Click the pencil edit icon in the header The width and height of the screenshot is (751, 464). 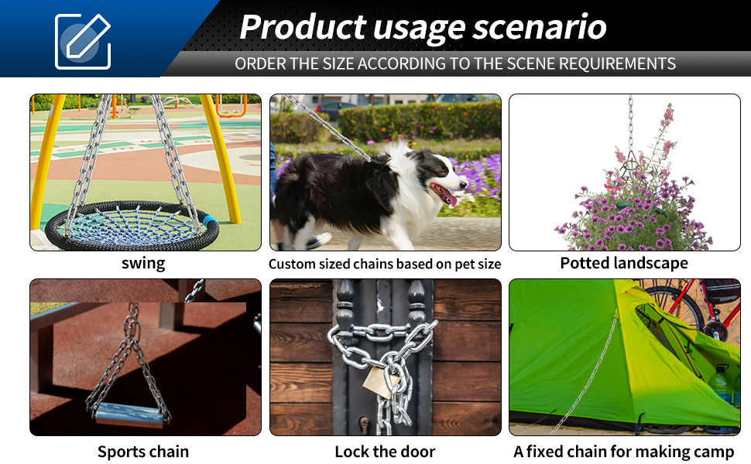click(x=83, y=42)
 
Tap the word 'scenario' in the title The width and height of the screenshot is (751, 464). click(x=540, y=26)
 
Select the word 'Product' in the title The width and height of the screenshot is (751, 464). click(x=303, y=26)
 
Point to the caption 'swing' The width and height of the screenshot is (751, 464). click(x=143, y=264)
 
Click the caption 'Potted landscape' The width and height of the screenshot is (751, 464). click(x=624, y=263)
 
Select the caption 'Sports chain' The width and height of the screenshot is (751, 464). click(x=143, y=452)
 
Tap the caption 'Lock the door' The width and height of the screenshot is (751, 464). click(x=385, y=452)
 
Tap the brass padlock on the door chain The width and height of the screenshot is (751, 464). click(x=382, y=382)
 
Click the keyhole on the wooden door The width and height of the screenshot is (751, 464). click(x=364, y=423)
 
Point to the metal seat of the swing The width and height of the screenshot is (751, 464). click(x=130, y=415)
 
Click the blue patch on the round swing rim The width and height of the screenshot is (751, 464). click(x=211, y=222)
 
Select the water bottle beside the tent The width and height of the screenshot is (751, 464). click(x=719, y=385)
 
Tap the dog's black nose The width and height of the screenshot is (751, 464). click(x=463, y=184)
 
